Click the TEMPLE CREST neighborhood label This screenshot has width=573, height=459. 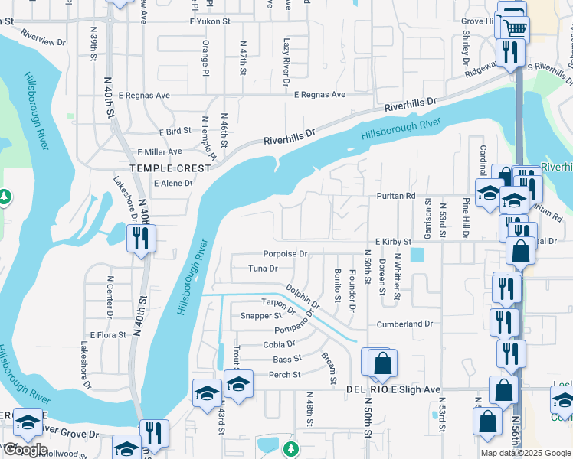click(170, 168)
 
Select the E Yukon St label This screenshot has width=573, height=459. click(210, 21)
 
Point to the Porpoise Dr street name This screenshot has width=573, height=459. click(285, 253)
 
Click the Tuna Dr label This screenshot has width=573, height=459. click(263, 269)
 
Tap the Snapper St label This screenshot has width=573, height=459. click(257, 315)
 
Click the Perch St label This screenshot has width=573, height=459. click(285, 375)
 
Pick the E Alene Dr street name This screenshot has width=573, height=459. click(173, 184)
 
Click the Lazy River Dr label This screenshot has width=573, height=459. click(286, 61)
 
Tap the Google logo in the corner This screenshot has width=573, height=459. click(25, 450)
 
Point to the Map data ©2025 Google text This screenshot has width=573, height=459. click(525, 453)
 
